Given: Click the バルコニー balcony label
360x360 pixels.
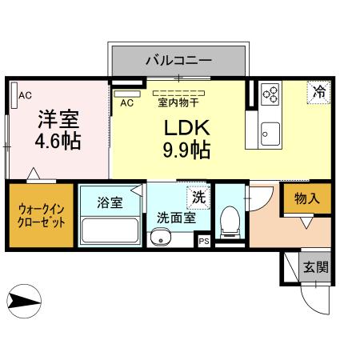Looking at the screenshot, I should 178,59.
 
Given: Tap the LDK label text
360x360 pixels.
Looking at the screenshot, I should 187,128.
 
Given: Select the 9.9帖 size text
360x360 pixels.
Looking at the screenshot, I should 187,149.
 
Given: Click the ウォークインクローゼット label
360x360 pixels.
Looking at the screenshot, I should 42,215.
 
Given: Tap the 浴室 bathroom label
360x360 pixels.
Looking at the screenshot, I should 110,202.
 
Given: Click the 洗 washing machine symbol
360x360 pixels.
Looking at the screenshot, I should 198,195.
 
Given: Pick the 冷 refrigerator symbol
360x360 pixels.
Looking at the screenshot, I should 318,91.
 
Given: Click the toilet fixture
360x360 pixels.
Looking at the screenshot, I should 230,221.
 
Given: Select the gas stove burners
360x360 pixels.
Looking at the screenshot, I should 270,94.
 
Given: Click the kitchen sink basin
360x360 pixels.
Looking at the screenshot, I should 269,133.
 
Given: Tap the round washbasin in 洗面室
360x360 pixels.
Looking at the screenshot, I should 161,237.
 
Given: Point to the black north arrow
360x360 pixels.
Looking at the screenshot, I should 24,301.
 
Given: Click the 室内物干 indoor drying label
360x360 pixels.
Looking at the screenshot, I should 178,101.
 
